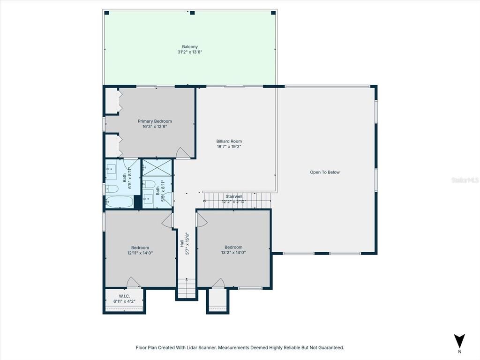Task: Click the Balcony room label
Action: [x=190, y=47]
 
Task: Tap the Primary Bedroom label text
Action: [x=155, y=121]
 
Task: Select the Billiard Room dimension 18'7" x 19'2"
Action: [x=229, y=147]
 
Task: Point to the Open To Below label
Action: [x=324, y=172]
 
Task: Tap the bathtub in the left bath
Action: [x=119, y=202]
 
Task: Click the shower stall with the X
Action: [x=157, y=167]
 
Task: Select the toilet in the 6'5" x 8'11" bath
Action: [x=112, y=189]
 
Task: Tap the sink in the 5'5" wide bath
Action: [x=148, y=200]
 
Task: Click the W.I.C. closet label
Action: [x=124, y=296]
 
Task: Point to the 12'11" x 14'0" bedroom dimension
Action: [x=140, y=253]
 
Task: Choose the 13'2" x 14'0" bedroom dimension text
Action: [x=233, y=253]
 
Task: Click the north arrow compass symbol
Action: [x=459, y=341]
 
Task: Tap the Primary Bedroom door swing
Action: [x=183, y=153]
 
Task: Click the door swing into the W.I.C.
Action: [x=133, y=283]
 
